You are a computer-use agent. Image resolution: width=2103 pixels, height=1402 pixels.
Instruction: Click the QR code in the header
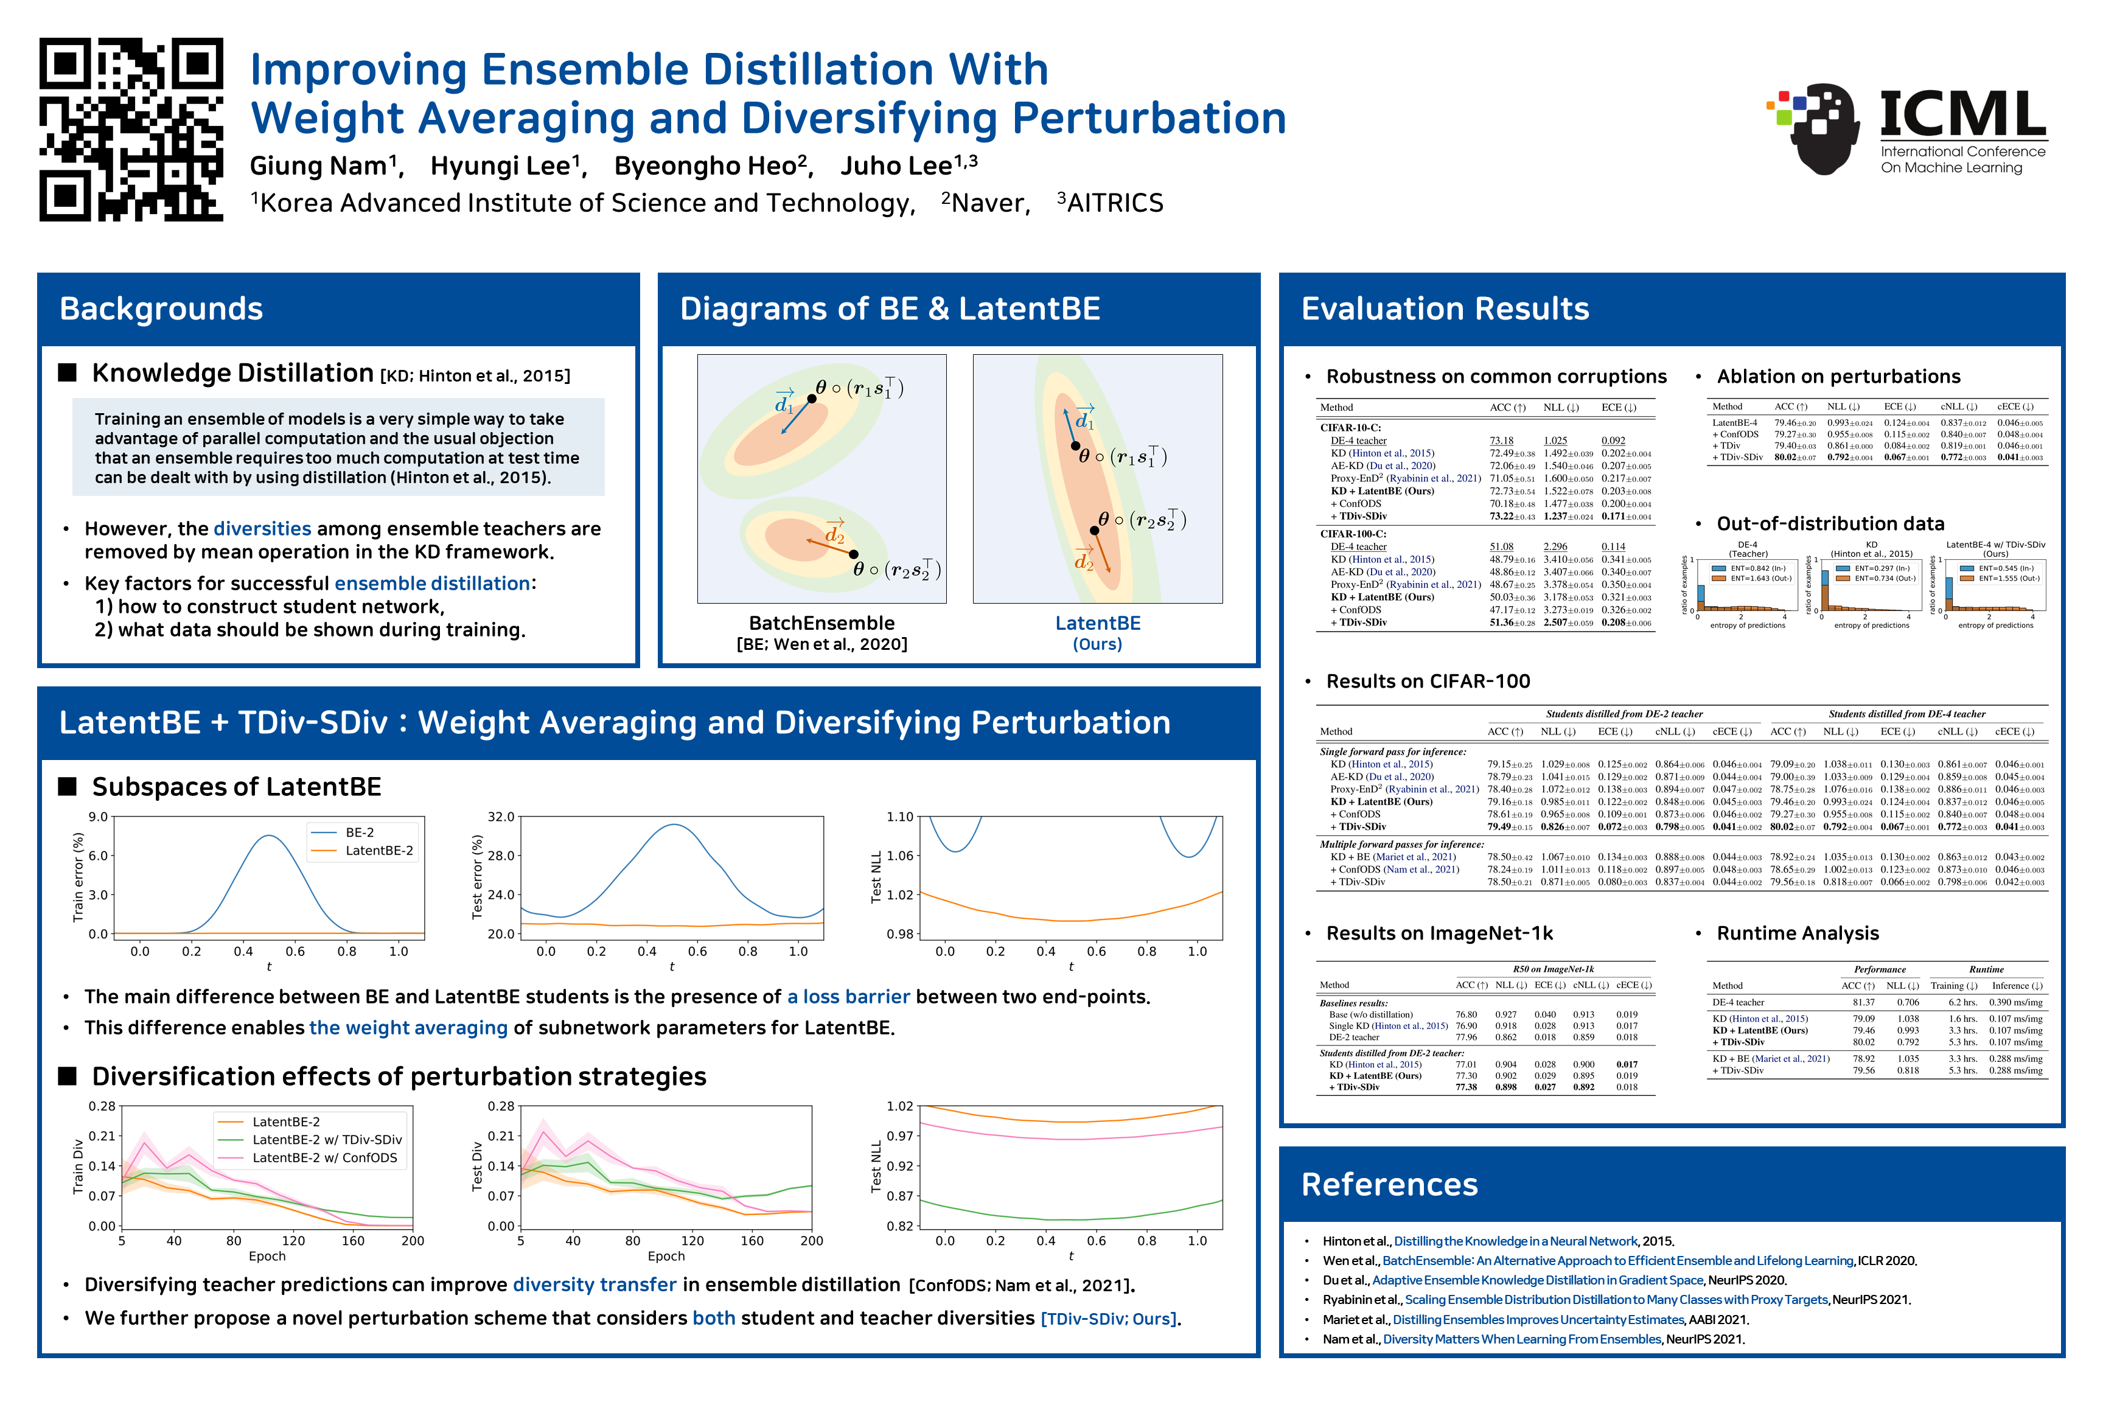[x=131, y=130]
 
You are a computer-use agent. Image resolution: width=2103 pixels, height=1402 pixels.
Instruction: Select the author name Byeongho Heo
[x=712, y=166]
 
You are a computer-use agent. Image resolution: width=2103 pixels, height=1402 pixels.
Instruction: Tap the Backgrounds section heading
[x=161, y=309]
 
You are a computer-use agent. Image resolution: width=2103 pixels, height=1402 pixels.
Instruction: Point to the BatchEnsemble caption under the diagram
[x=821, y=623]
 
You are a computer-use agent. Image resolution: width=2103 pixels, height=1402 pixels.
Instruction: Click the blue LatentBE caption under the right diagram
[x=1097, y=623]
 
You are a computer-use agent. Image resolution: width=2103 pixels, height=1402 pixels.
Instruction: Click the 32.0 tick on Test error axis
[x=501, y=817]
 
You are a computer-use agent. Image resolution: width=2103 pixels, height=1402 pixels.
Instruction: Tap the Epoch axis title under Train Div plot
[x=267, y=1256]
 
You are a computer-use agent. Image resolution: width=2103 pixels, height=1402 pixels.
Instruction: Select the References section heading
[x=1389, y=1185]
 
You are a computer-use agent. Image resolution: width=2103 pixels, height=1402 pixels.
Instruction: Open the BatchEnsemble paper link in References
[x=1617, y=1261]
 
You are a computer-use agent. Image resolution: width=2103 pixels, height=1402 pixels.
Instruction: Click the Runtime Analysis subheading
[x=1797, y=933]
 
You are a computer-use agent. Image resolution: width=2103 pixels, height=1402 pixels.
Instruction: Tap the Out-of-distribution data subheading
[x=1829, y=524]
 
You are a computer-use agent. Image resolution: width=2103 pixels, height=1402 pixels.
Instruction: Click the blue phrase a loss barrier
[x=848, y=997]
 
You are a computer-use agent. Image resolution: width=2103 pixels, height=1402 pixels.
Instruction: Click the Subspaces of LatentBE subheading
[x=236, y=787]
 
